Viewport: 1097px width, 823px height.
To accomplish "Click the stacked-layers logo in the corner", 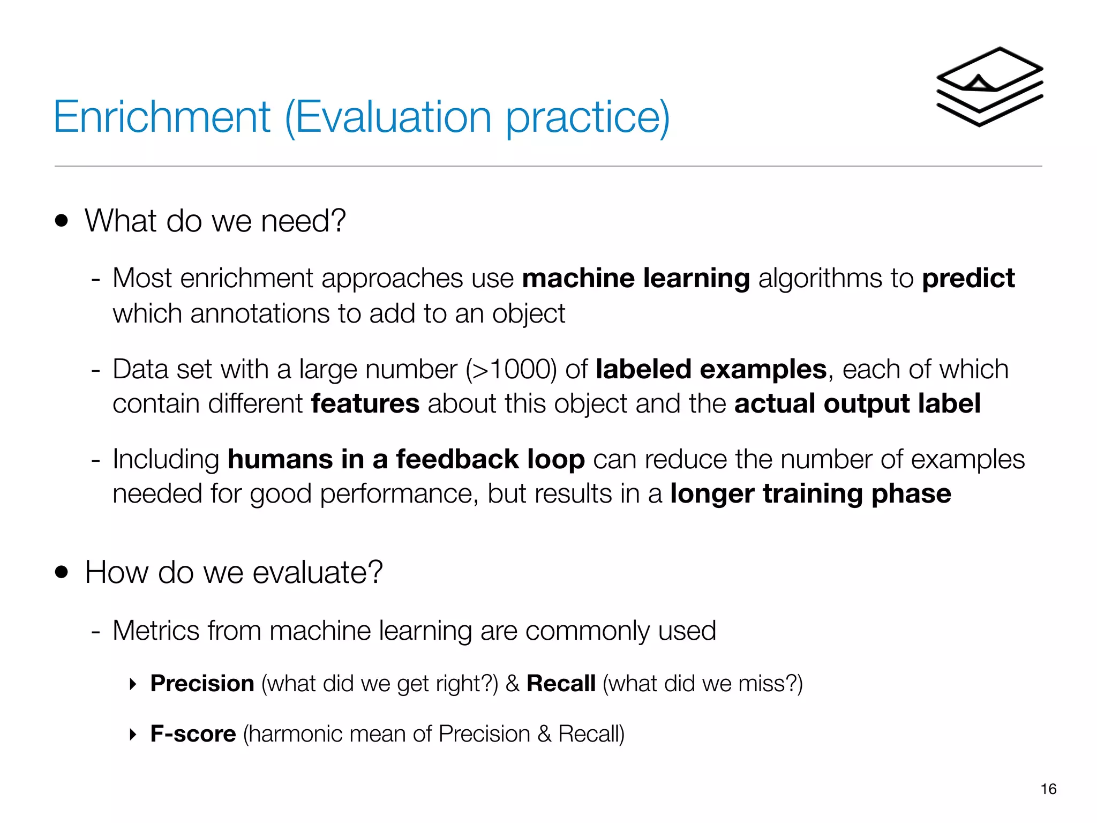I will [989, 87].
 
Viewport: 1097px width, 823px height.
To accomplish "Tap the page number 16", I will [1048, 789].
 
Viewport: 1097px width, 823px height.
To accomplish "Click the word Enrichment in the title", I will [162, 117].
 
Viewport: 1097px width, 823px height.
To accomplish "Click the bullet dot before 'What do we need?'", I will [62, 221].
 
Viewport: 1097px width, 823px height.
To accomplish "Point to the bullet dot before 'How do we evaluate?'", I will [62, 572].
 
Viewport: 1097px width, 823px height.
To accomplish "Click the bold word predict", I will [968, 278].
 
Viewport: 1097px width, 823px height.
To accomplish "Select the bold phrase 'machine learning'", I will [636, 278].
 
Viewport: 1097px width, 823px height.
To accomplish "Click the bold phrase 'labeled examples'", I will [711, 369].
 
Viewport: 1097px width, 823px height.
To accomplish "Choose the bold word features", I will [365, 403].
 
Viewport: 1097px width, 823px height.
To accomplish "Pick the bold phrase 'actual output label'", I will [857, 403].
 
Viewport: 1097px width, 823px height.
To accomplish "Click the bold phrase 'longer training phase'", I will [810, 493].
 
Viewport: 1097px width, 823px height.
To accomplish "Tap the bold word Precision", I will [202, 683].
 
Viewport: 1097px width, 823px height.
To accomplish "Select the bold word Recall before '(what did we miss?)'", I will [561, 683].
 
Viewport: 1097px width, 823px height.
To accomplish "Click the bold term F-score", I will [193, 734].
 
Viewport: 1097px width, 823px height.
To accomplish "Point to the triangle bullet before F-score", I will [133, 734].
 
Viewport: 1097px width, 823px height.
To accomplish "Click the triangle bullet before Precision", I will [133, 684].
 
